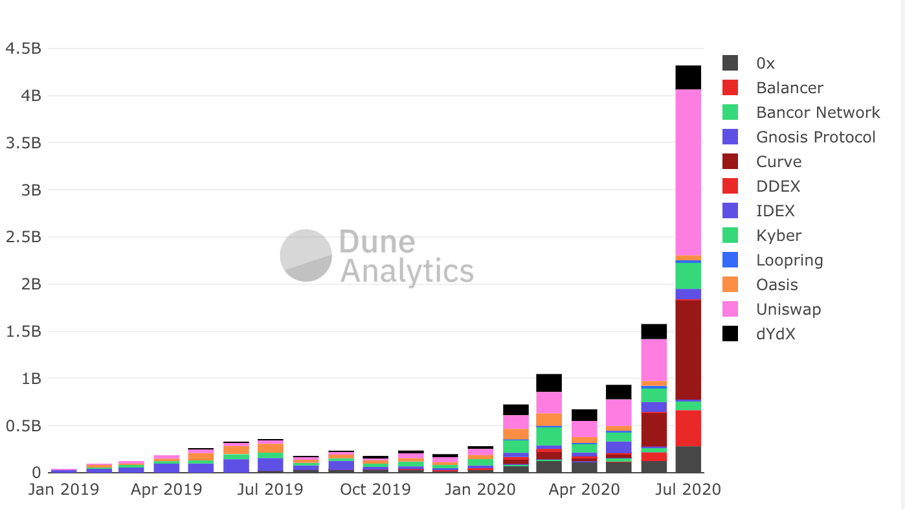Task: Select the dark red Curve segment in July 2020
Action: coord(688,350)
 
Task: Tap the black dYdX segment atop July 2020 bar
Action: coord(688,77)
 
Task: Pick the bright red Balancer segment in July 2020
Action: coord(688,428)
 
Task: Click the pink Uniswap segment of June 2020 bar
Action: coord(654,359)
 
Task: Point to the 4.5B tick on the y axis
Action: coord(23,49)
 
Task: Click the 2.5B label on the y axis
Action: coord(23,237)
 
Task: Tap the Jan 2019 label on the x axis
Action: coord(63,489)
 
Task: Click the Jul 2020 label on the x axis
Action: coord(686,489)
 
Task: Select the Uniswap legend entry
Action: coord(788,310)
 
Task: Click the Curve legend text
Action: coord(779,162)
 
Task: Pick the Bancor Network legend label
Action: coord(818,113)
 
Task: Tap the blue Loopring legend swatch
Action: coord(730,260)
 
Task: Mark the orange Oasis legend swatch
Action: coord(730,285)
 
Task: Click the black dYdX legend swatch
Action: coord(730,334)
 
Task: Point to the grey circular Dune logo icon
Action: coord(306,256)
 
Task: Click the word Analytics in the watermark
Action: coord(407,271)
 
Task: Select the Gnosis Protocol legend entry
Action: coord(815,137)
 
